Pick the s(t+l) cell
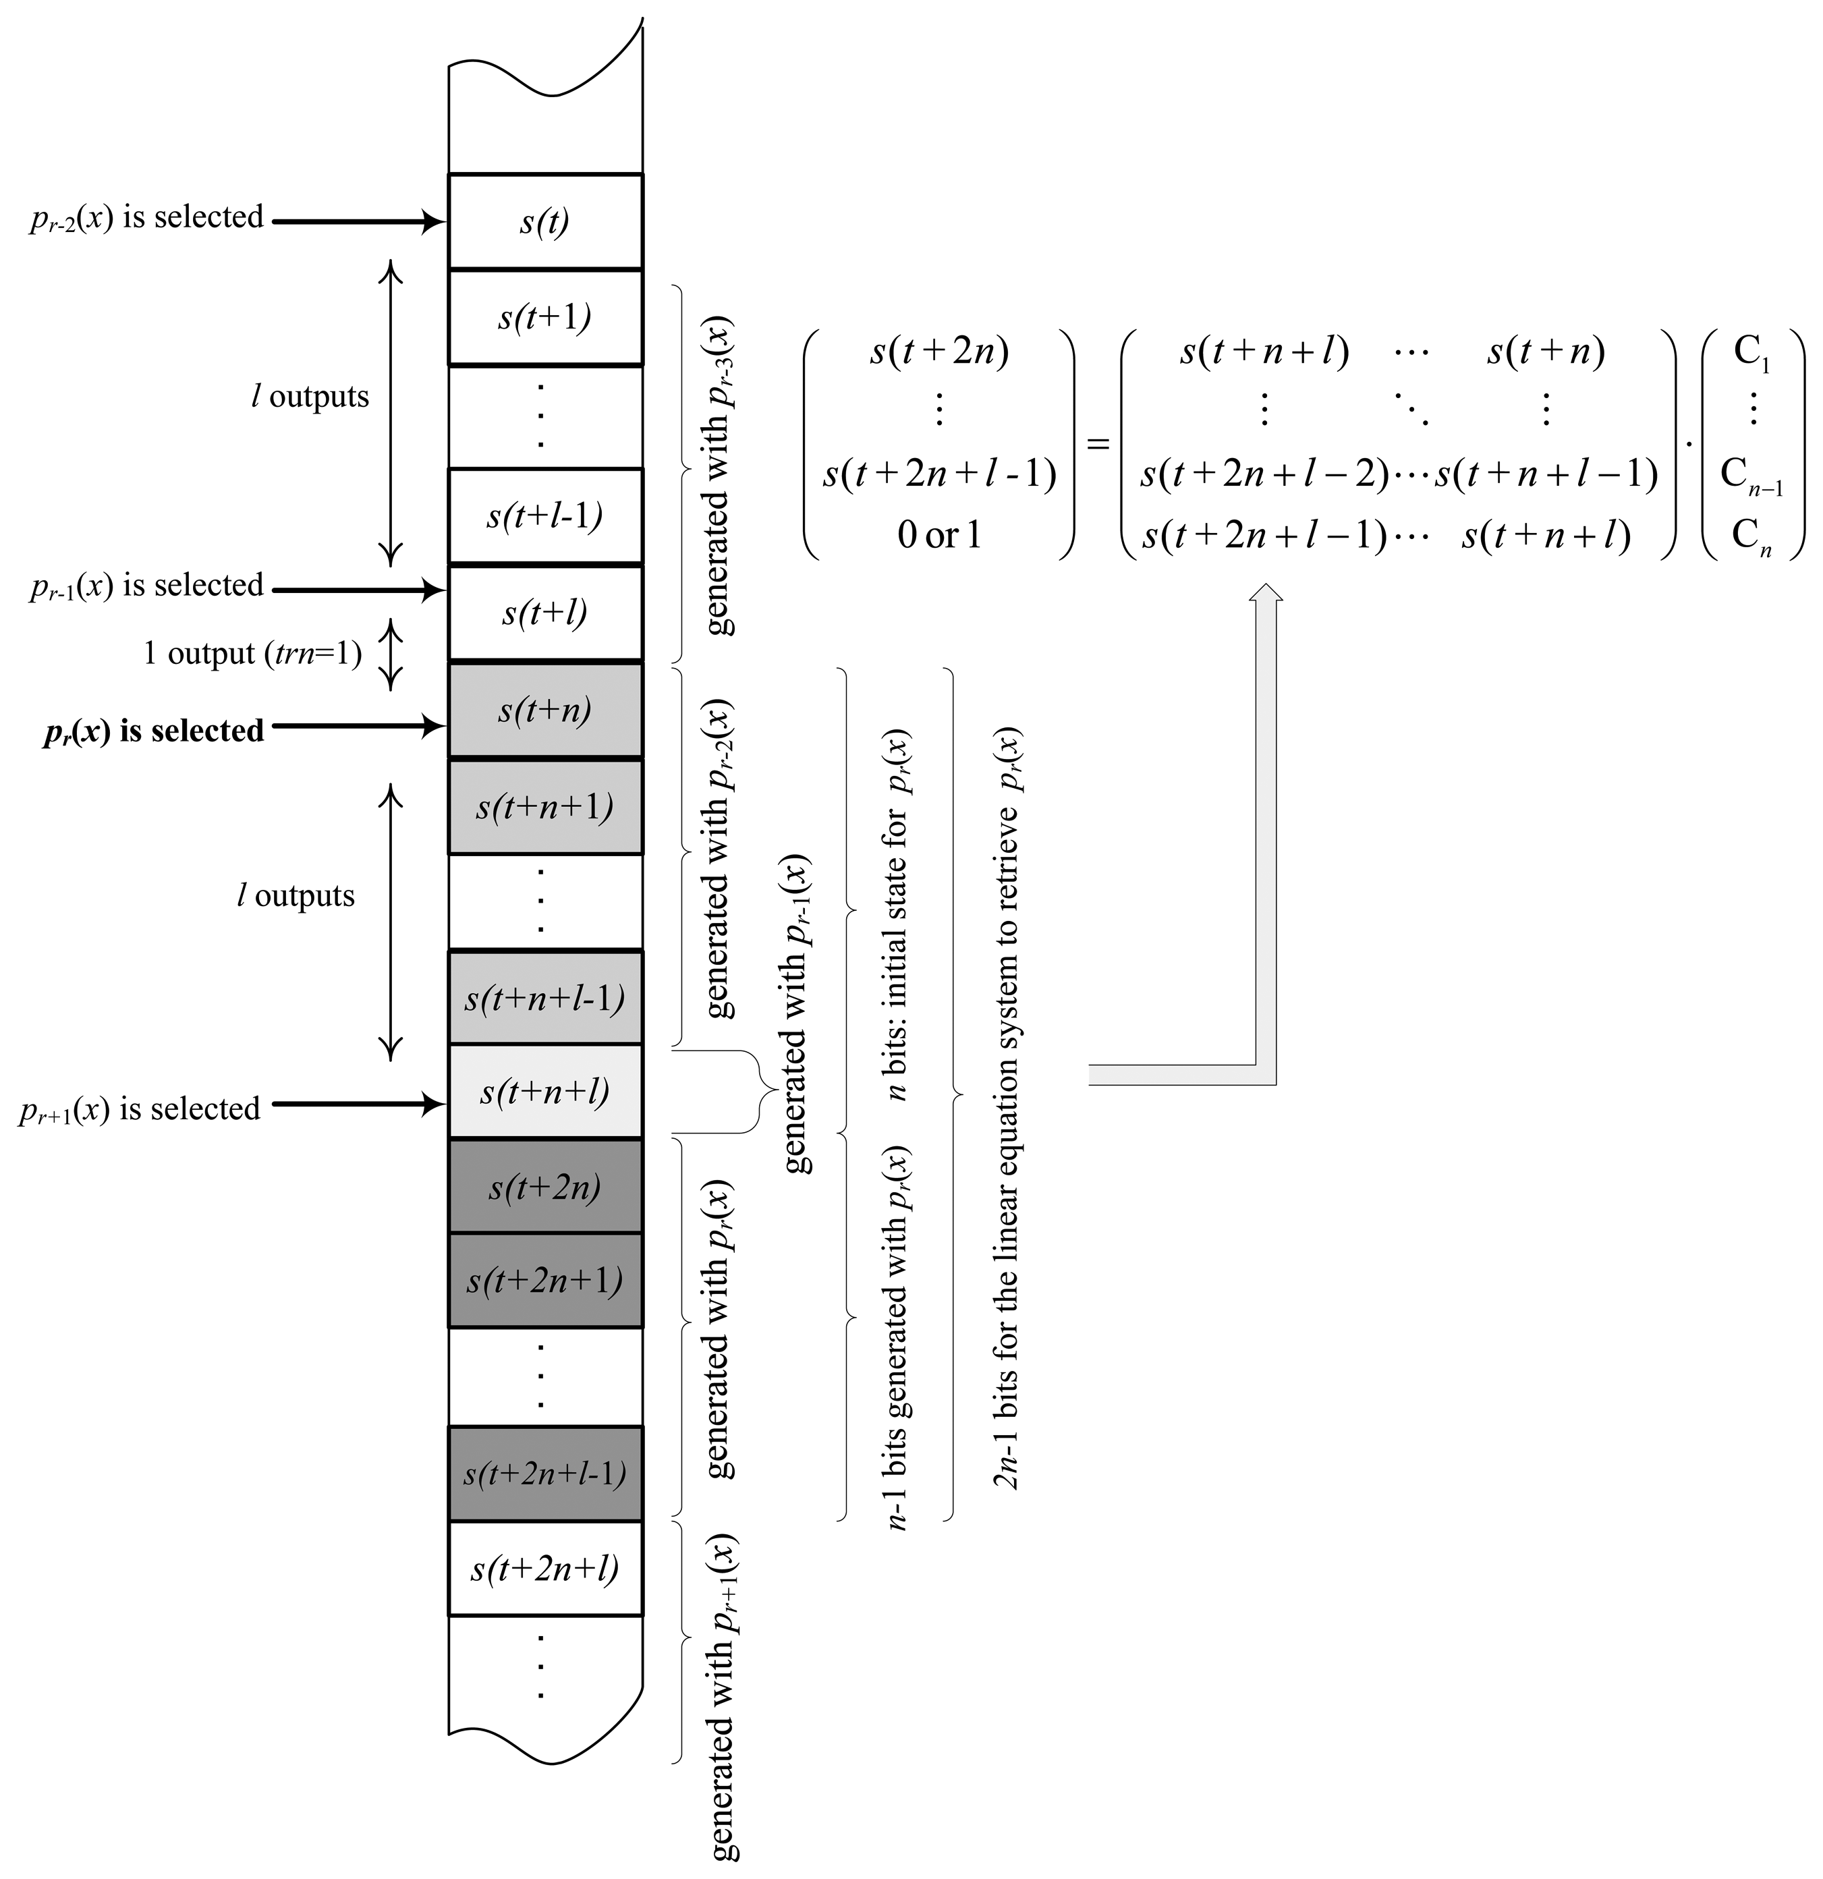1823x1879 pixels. (x=544, y=613)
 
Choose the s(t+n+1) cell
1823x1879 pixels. (x=544, y=807)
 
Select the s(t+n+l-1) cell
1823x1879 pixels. (x=544, y=998)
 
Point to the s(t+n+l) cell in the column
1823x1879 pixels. (x=544, y=1092)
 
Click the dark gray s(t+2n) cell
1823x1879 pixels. (x=544, y=1187)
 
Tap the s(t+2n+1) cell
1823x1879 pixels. (x=544, y=1281)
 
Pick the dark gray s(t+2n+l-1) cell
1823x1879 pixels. (x=544, y=1474)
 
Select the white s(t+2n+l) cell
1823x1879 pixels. (x=544, y=1569)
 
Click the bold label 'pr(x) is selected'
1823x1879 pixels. (x=153, y=731)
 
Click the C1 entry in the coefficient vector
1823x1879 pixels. (x=1751, y=353)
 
